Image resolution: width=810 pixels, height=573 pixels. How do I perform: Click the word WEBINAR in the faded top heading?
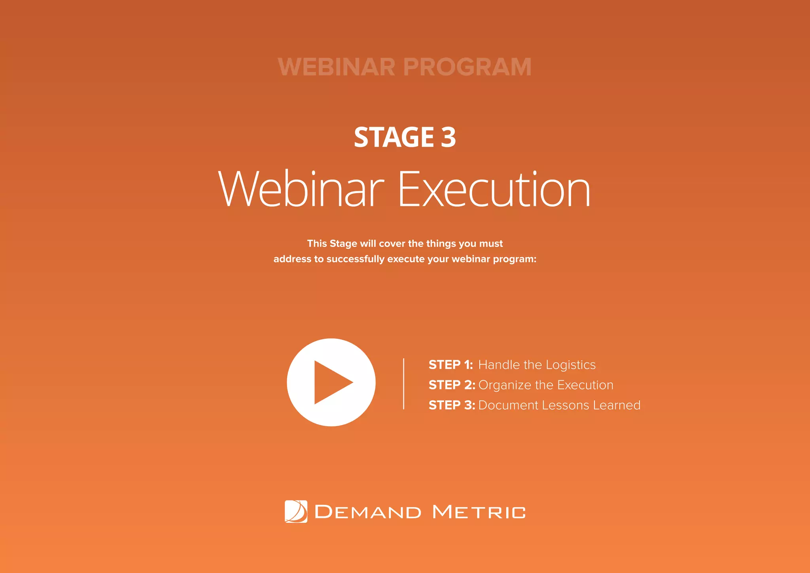pyautogui.click(x=337, y=67)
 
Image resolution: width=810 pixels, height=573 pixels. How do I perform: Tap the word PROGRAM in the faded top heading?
pyautogui.click(x=467, y=67)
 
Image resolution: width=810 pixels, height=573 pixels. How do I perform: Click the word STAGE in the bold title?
pyautogui.click(x=394, y=137)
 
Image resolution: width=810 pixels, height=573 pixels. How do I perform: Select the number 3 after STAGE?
pyautogui.click(x=449, y=137)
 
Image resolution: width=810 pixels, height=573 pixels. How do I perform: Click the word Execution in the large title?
pyautogui.click(x=494, y=189)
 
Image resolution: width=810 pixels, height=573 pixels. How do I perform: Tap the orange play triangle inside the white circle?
pyautogui.click(x=331, y=382)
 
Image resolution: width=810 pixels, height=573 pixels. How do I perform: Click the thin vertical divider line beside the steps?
pyautogui.click(x=403, y=384)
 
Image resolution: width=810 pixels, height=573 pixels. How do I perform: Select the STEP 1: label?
pyautogui.click(x=451, y=365)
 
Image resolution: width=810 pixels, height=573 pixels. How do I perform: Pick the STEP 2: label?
pyautogui.click(x=452, y=385)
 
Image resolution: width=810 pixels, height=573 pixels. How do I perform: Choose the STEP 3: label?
pyautogui.click(x=452, y=405)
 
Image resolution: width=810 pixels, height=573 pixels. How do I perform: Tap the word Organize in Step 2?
pyautogui.click(x=505, y=385)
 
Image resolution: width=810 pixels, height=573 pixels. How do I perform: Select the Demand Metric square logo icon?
pyautogui.click(x=296, y=512)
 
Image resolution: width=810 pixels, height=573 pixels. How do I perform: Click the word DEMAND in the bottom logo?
pyautogui.click(x=368, y=512)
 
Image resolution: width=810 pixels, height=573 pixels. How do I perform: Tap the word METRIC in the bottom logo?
pyautogui.click(x=479, y=512)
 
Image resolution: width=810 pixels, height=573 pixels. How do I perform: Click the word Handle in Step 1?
pyautogui.click(x=499, y=365)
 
